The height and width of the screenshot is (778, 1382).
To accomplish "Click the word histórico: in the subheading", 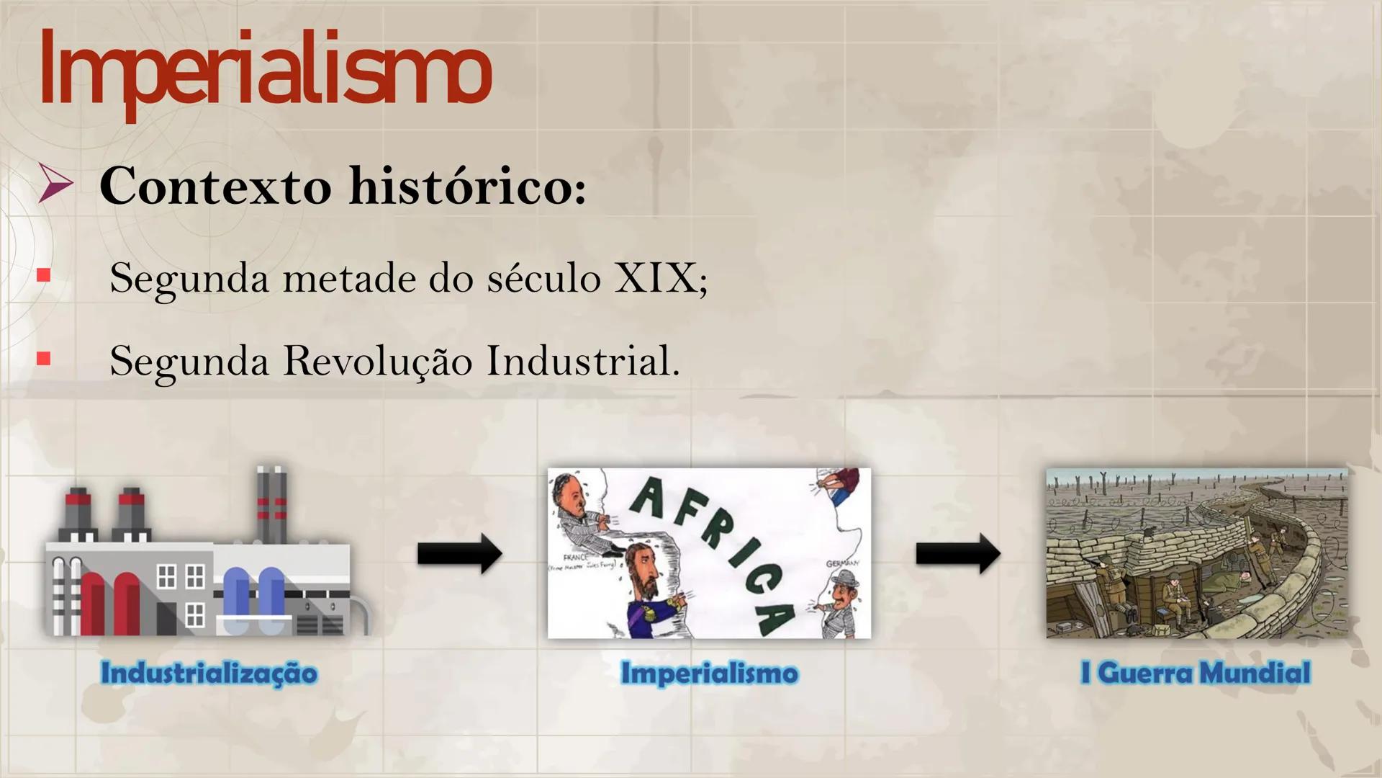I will pos(468,186).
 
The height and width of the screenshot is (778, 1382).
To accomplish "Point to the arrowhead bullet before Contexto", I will pos(55,184).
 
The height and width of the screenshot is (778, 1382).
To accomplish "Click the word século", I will pos(543,277).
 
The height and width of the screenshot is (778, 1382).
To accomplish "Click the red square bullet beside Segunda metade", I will pos(44,275).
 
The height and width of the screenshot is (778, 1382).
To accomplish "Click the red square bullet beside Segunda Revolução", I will pos(44,358).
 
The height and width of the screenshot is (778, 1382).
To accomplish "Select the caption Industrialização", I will pos(209,673).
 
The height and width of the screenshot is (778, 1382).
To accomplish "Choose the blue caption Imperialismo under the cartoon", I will pos(709,673).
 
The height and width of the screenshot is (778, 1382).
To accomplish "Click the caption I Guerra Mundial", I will pos(1196,673).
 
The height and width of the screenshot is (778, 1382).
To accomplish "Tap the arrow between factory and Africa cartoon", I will pos(460,554).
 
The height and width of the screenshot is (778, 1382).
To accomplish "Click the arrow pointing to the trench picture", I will pos(958,554).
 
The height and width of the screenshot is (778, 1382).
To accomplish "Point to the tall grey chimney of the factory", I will pos(271,504).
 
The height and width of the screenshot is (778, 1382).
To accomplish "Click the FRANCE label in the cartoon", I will pos(576,558).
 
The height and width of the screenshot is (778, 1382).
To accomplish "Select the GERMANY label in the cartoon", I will pos(843,563).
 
